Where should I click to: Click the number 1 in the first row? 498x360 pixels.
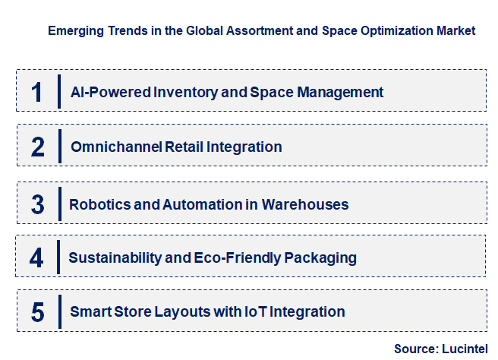tap(37, 91)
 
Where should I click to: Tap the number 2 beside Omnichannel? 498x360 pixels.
tap(38, 147)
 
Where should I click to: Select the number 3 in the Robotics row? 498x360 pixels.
tap(38, 204)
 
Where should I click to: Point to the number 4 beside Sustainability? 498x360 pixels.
tap(37, 257)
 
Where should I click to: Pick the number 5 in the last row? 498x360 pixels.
tap(38, 311)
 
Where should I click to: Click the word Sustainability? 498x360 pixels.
tap(115, 257)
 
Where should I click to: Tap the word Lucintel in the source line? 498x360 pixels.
tap(464, 349)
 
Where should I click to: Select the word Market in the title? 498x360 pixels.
tap(455, 31)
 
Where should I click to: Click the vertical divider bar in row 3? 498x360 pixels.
tap(58, 204)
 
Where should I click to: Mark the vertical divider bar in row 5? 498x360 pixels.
tap(58, 311)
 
